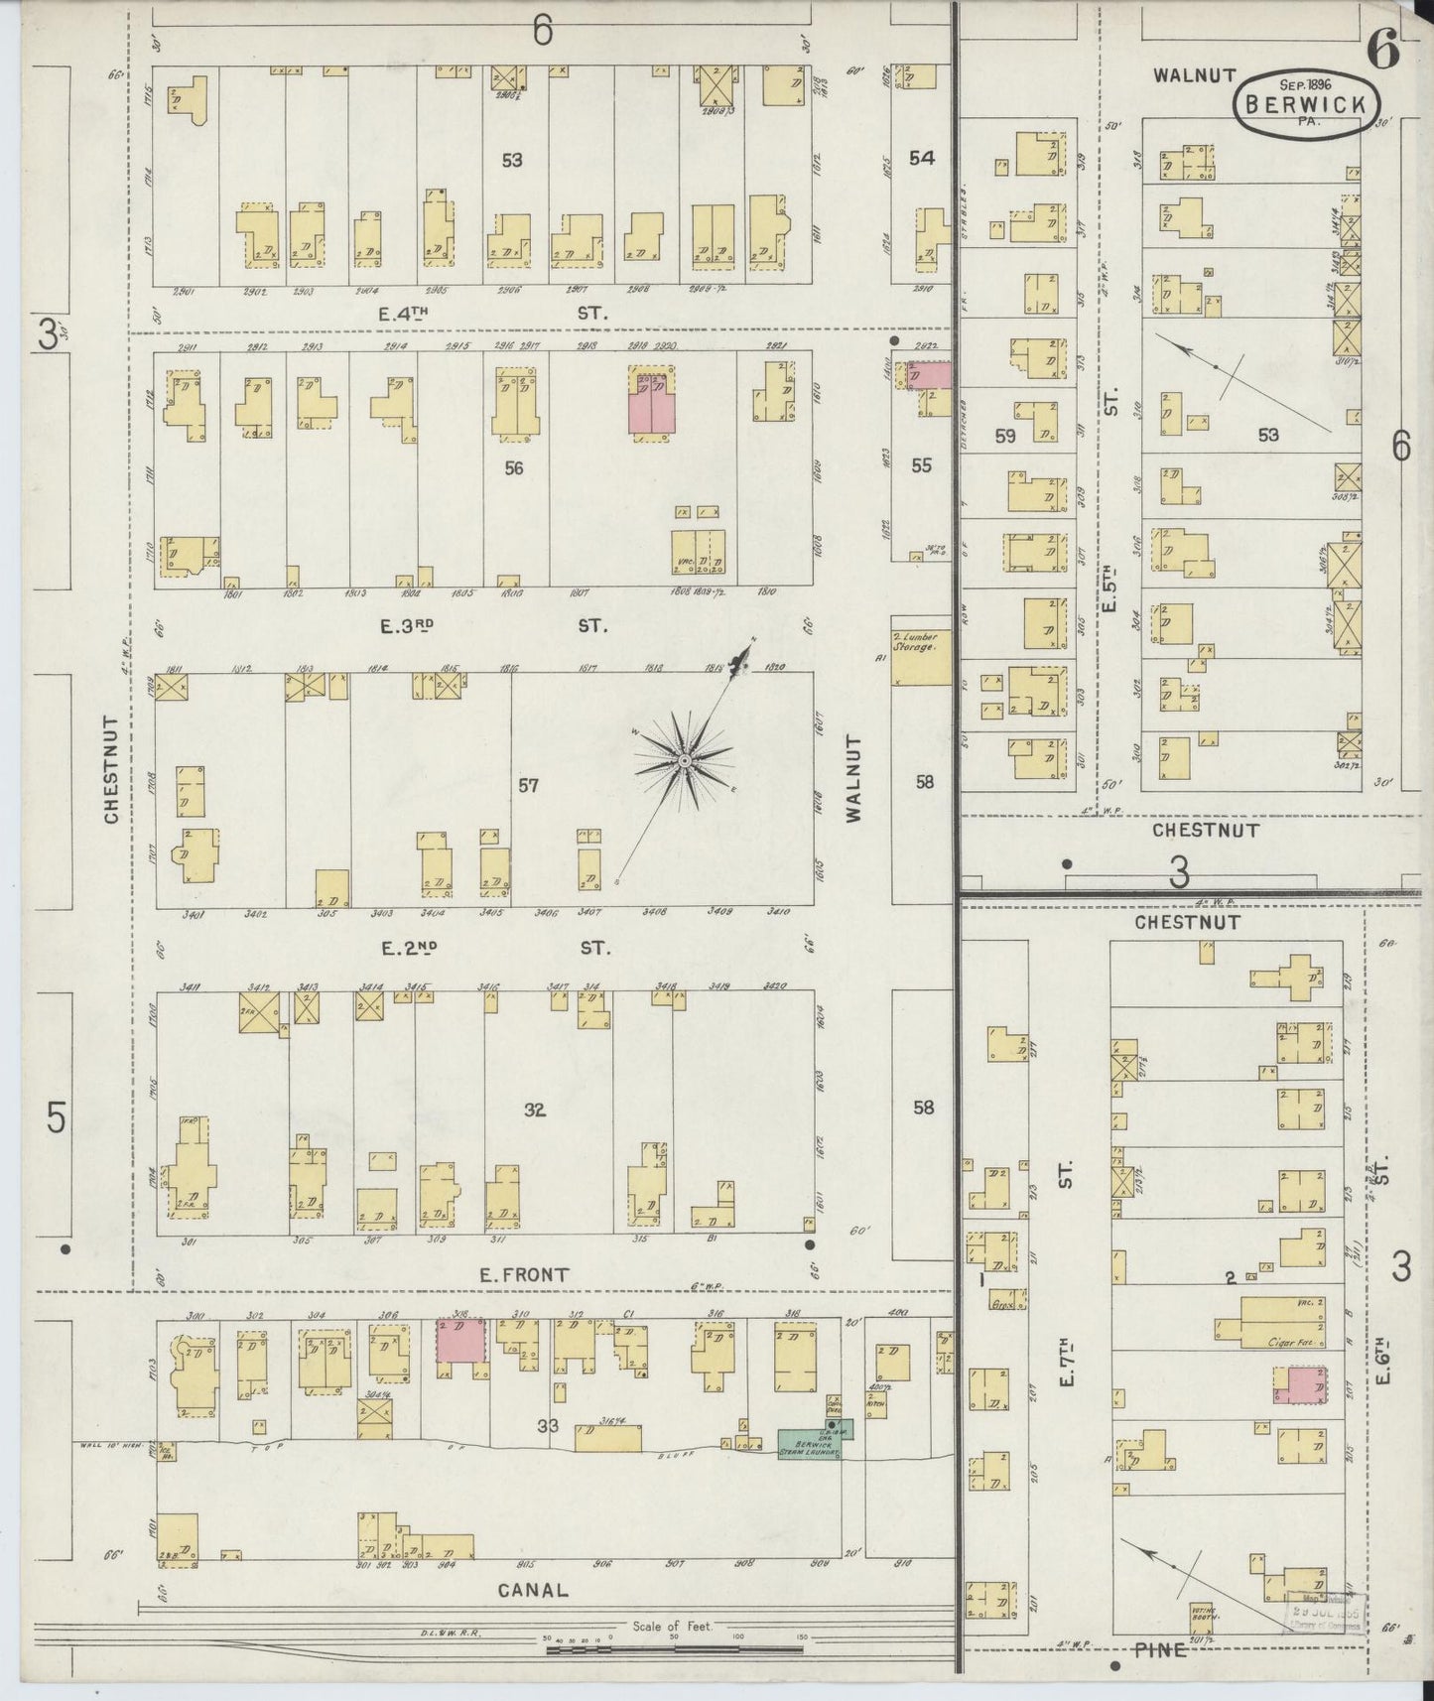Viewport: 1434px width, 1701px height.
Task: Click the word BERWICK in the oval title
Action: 1307,103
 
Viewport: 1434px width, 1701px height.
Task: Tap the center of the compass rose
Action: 684,760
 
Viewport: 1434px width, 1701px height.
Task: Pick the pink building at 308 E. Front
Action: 460,1341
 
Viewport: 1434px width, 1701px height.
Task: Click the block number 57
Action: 529,786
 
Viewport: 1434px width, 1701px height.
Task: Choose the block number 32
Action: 535,1110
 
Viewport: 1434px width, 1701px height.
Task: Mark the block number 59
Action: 1004,436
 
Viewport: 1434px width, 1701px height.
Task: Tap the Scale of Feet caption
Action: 674,1627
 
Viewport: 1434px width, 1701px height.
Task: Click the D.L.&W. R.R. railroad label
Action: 451,1633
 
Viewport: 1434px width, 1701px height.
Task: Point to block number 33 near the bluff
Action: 548,1426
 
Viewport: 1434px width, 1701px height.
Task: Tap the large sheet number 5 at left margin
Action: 56,1118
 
